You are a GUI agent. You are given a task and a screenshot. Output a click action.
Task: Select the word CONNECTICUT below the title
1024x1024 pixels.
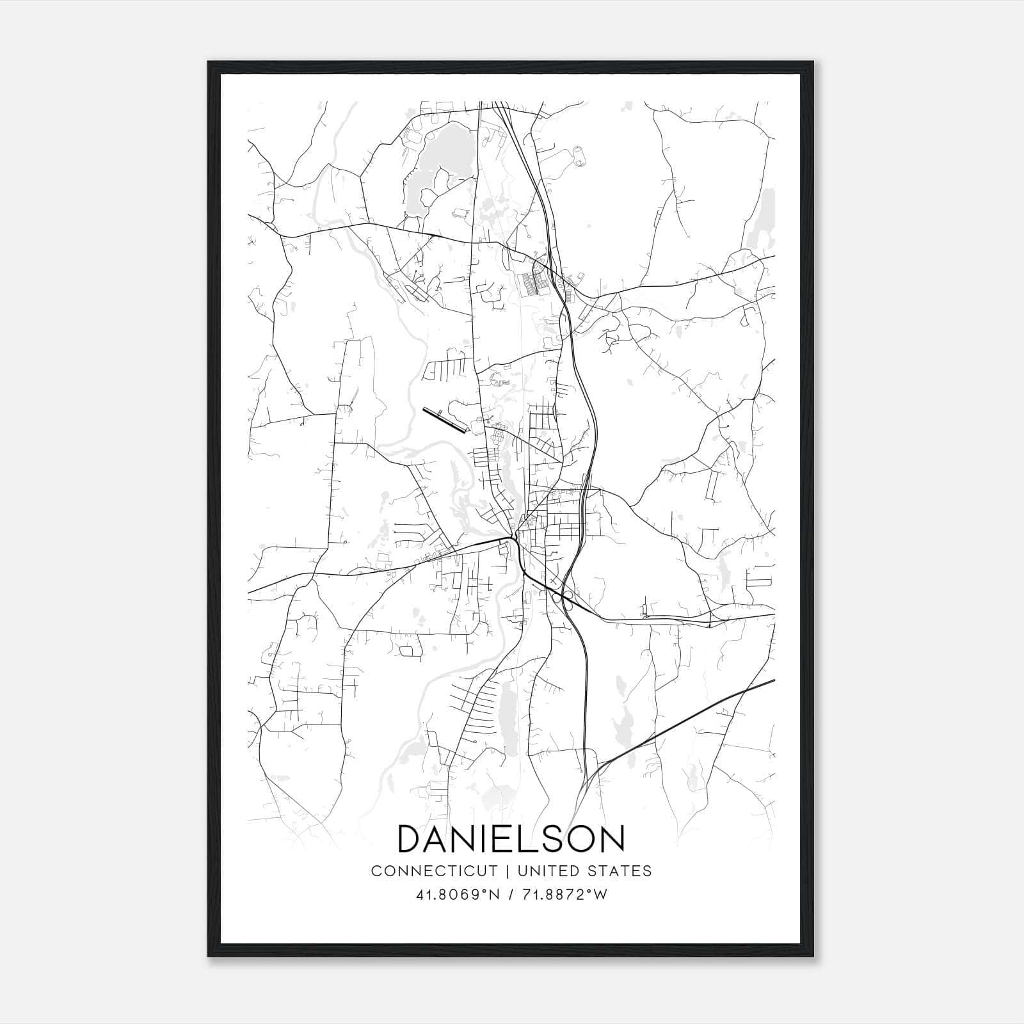click(434, 871)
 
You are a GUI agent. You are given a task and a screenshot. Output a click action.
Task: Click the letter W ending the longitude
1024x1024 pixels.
click(600, 895)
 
